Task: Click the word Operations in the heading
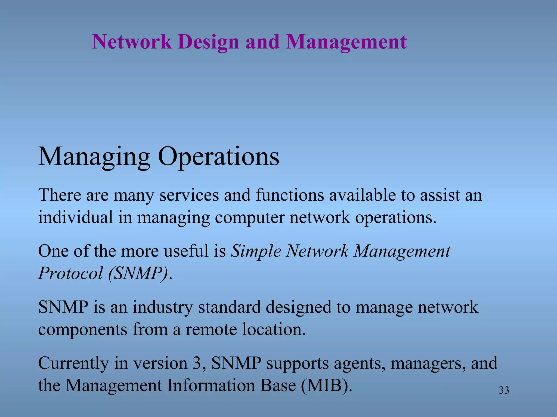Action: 218,157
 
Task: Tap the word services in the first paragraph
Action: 189,195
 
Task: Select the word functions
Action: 290,195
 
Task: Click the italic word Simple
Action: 256,251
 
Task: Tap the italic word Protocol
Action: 70,273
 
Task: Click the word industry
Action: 163,307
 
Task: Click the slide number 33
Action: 504,390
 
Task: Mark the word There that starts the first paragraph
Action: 60,195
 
